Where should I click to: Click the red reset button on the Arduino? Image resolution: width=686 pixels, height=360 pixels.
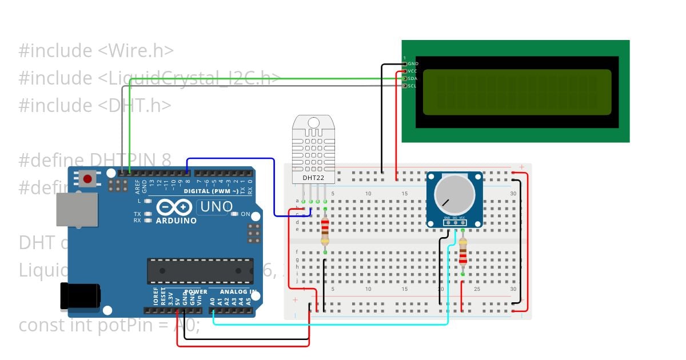(87, 179)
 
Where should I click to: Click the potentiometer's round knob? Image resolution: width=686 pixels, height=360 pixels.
(454, 191)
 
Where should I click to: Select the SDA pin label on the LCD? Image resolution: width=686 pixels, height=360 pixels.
(413, 78)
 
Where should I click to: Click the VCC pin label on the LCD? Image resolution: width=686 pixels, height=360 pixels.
(413, 71)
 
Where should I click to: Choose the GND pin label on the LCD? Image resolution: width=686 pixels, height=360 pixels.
(413, 63)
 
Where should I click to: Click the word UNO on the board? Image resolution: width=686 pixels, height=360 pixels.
(214, 207)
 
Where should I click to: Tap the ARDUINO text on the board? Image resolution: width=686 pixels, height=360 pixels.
(176, 221)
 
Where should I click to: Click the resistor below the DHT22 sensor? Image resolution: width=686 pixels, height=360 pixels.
(325, 229)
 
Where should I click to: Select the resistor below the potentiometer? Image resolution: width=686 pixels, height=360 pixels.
(462, 253)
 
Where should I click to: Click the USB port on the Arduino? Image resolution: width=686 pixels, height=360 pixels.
(76, 209)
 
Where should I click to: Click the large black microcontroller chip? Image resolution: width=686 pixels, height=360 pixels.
(200, 271)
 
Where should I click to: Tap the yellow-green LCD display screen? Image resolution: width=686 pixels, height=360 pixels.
(517, 92)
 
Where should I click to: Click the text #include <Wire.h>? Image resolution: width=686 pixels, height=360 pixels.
(96, 51)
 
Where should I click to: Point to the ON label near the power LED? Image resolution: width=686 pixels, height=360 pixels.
(245, 214)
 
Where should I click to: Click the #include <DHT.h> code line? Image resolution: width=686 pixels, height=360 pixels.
(95, 105)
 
